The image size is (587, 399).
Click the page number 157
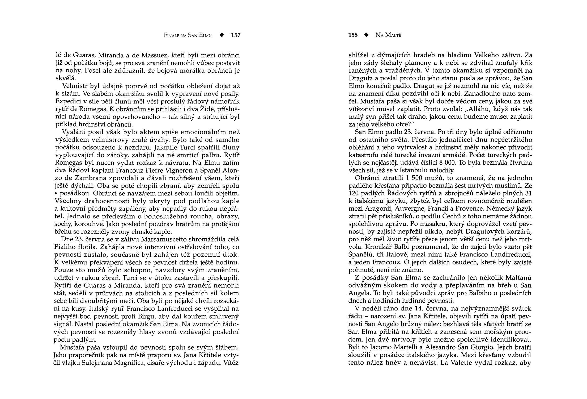(236, 35)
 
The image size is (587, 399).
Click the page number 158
(353, 35)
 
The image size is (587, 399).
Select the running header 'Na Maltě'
(388, 35)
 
